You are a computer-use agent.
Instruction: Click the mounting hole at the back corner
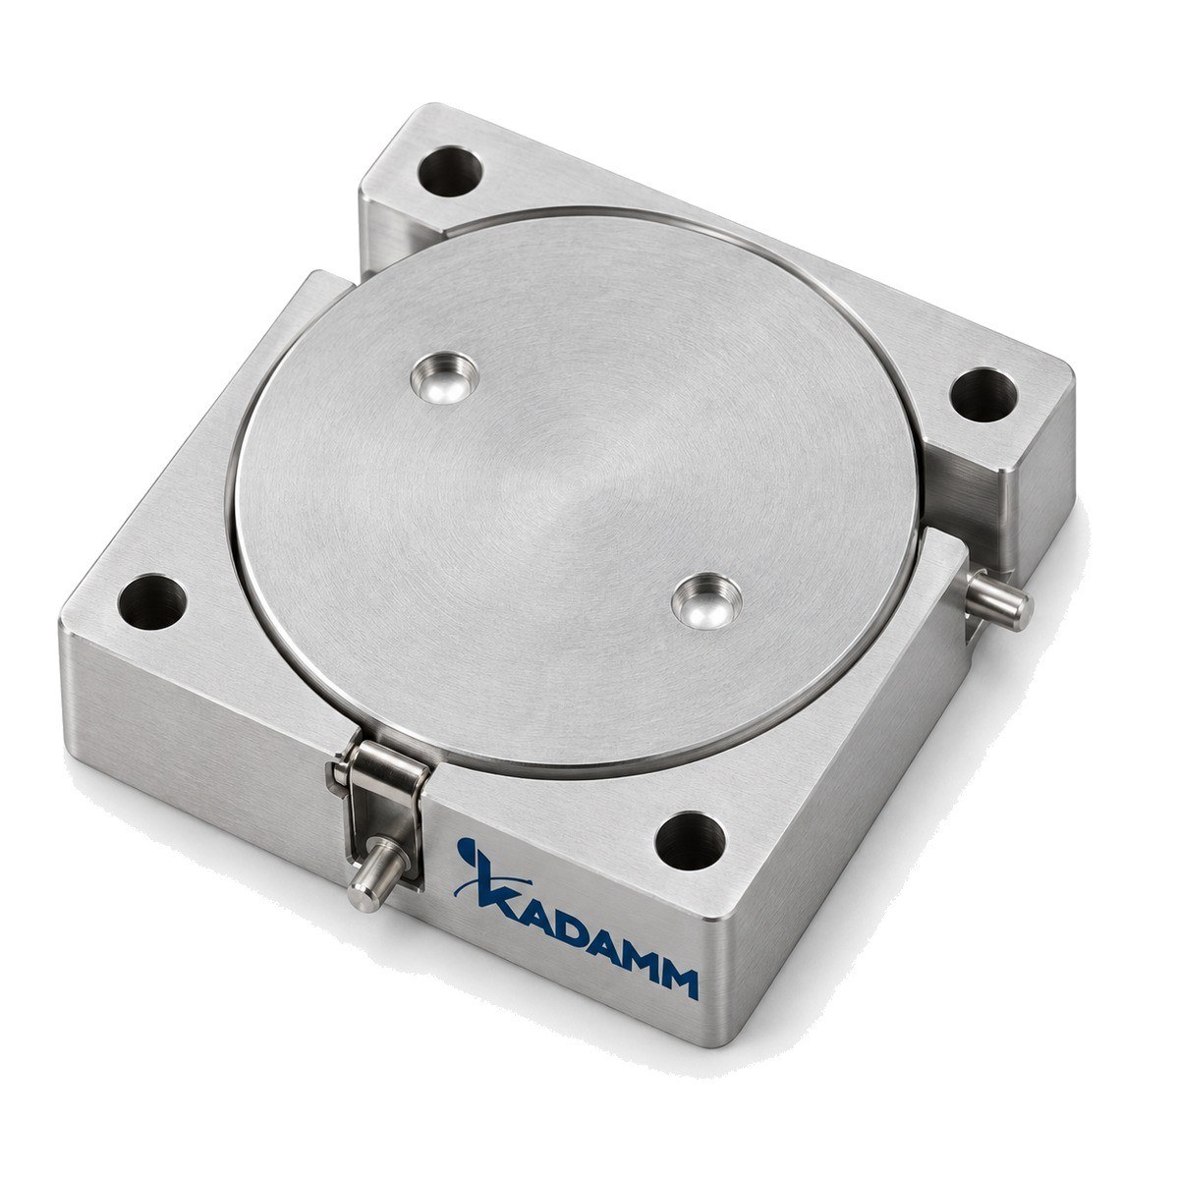(450, 171)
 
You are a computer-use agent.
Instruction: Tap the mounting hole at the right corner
(983, 395)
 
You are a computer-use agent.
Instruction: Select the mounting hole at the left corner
(151, 601)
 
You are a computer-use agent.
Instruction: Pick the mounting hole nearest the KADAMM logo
(690, 841)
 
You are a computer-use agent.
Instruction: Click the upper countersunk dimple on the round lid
(445, 377)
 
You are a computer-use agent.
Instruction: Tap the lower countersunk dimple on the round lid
(706, 600)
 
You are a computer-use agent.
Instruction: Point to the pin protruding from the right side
(999, 598)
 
